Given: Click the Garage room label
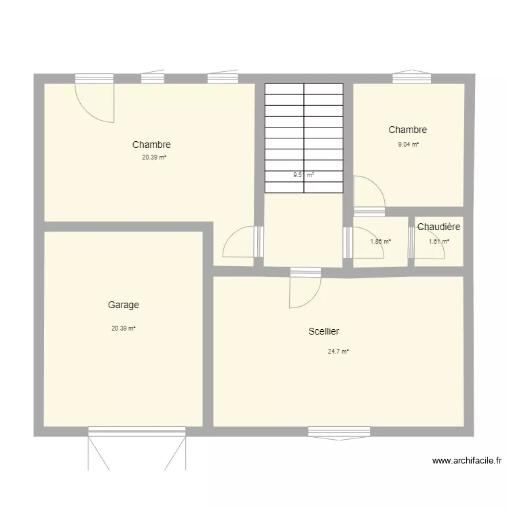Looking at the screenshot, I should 123,305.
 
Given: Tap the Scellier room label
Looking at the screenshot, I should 323,332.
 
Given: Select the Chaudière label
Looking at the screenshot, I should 439,227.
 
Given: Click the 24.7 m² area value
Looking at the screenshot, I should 338,352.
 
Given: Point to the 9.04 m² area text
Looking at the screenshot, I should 408,145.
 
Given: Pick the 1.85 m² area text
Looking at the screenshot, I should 380,241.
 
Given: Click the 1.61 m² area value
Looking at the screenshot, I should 438,241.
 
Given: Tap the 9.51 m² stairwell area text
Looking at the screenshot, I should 303,175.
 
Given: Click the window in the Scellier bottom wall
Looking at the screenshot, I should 339,431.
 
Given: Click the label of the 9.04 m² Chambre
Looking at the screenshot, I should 407,130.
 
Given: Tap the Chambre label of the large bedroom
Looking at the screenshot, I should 151,145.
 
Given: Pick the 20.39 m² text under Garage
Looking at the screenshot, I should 124,328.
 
